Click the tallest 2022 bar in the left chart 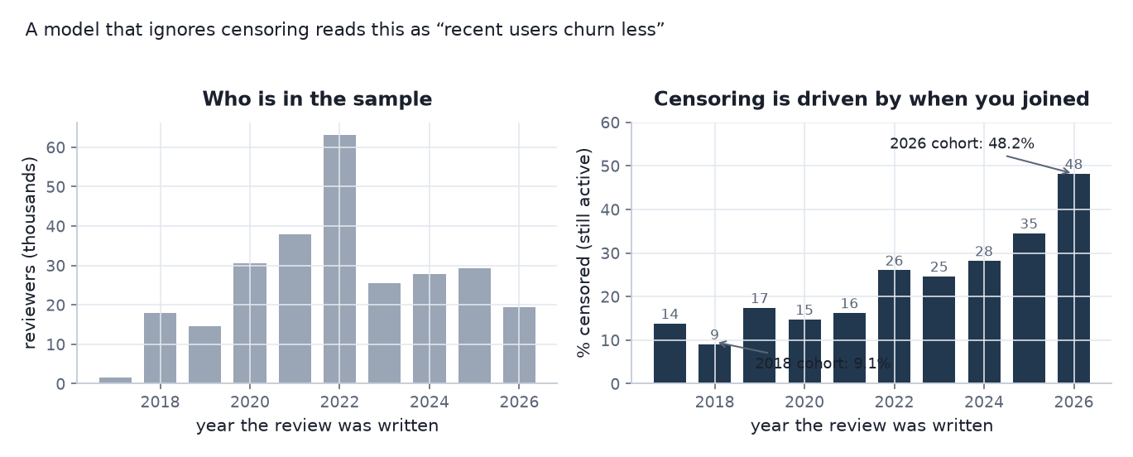[339, 258]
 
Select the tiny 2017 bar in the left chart [115, 380]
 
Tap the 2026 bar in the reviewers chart [519, 345]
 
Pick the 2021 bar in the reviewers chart [295, 309]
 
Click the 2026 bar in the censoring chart [1073, 278]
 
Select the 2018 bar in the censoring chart [714, 363]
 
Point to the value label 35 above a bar [1029, 224]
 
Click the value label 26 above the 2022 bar [894, 261]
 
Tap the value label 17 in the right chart [759, 298]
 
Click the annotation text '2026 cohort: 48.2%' [962, 143]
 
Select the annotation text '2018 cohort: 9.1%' [823, 363]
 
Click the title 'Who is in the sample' [317, 99]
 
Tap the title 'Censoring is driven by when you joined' [871, 99]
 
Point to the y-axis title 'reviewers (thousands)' [29, 253]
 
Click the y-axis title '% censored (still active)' [583, 253]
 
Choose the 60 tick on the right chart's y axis [610, 123]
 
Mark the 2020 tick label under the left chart [250, 402]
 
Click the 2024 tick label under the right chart [984, 402]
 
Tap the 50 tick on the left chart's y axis [55, 187]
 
